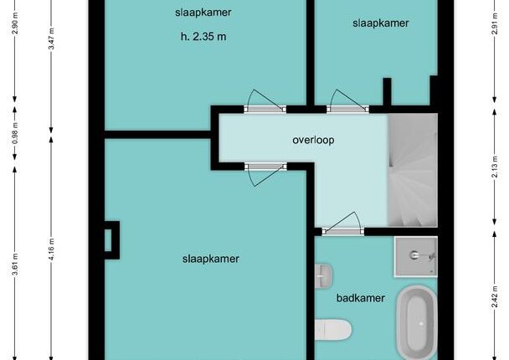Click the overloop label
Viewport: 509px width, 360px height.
313,140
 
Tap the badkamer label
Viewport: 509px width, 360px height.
361,298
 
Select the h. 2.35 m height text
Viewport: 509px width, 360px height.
203,36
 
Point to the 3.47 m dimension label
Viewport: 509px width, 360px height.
51,39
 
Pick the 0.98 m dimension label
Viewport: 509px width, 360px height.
15,134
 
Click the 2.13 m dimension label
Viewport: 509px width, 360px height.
495,167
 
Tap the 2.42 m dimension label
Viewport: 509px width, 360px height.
495,296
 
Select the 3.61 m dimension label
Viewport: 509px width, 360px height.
15,264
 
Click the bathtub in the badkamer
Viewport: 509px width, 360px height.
416,323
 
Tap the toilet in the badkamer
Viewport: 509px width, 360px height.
333,330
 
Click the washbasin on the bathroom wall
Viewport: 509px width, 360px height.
324,275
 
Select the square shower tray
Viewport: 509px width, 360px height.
416,257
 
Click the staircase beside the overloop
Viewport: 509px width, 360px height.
413,171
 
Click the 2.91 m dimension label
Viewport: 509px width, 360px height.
495,23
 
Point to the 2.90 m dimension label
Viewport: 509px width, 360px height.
15,23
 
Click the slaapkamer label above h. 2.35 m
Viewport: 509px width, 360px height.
203,13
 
